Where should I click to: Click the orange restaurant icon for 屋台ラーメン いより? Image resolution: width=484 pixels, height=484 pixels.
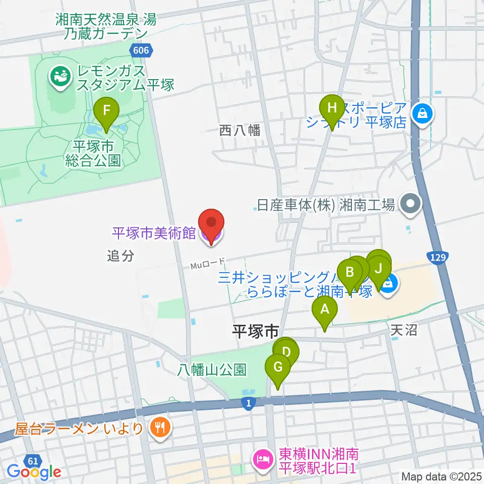click(160, 429)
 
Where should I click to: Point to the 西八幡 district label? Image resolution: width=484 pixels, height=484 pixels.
click(240, 131)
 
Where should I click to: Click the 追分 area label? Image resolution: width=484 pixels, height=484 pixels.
click(120, 256)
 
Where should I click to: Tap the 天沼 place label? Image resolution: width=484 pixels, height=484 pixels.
click(404, 330)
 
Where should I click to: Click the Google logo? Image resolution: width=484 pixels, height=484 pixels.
click(34, 472)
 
